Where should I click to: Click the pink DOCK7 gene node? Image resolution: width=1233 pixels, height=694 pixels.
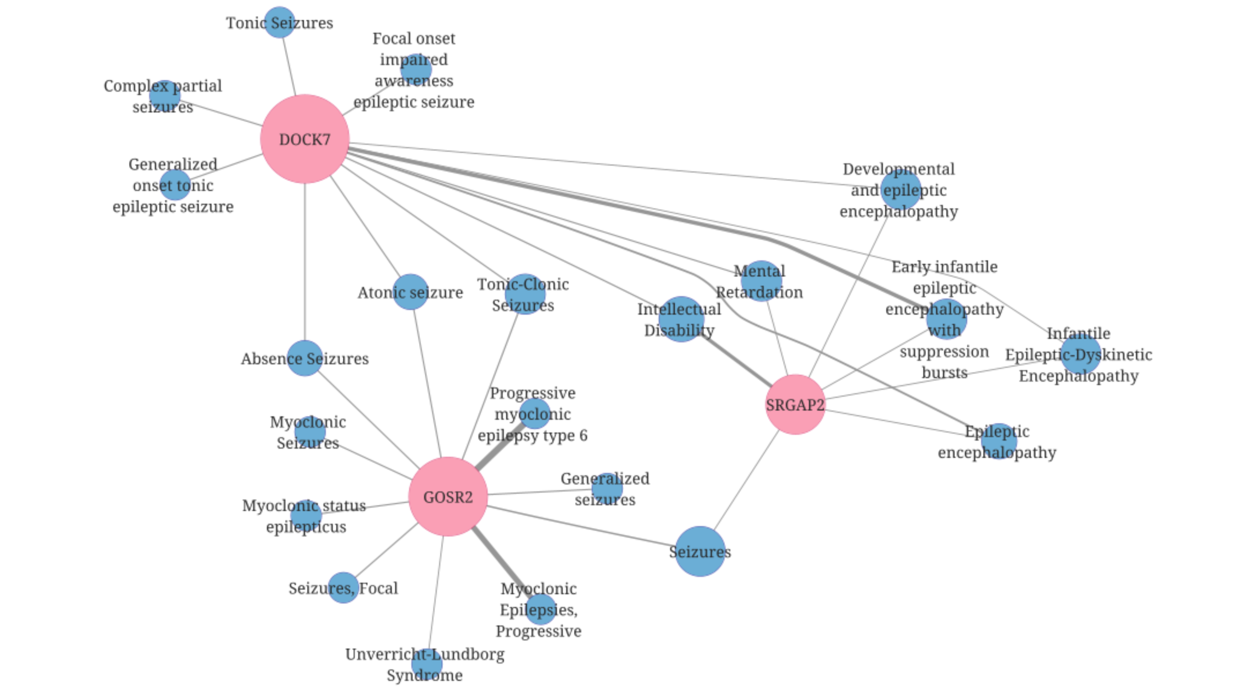point(304,139)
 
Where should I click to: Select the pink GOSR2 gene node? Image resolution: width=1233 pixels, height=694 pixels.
point(447,496)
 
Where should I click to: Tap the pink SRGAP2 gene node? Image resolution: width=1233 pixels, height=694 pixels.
point(795,404)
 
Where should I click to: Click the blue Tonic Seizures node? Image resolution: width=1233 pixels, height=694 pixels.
point(279,22)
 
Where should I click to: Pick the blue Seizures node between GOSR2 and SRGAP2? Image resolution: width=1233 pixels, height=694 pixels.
point(700,551)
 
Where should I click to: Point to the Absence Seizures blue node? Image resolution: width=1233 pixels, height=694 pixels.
point(304,358)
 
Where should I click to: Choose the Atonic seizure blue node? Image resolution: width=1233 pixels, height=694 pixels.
point(410,292)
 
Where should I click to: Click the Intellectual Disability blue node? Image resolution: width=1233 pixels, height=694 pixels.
point(681,319)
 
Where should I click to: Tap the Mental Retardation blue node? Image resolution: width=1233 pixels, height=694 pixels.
point(761,281)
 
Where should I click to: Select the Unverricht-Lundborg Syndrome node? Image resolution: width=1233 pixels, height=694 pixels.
point(427,664)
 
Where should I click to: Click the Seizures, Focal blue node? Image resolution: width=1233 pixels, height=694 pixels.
point(343,587)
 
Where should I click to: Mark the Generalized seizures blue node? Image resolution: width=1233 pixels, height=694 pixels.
point(607,488)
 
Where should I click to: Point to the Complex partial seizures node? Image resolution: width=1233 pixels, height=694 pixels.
point(165,95)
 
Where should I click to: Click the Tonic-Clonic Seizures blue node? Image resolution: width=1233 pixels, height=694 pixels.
point(525,294)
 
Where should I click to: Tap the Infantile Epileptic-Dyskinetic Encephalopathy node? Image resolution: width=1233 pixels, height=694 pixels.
point(1080,354)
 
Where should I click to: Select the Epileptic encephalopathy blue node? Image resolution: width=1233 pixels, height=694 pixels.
point(998,441)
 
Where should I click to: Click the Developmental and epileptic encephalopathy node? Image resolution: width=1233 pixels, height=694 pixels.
point(901,189)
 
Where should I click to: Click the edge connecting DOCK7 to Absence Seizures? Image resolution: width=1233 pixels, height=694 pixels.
point(304,260)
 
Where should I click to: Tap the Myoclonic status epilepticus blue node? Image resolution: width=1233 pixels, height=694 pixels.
point(306,515)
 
